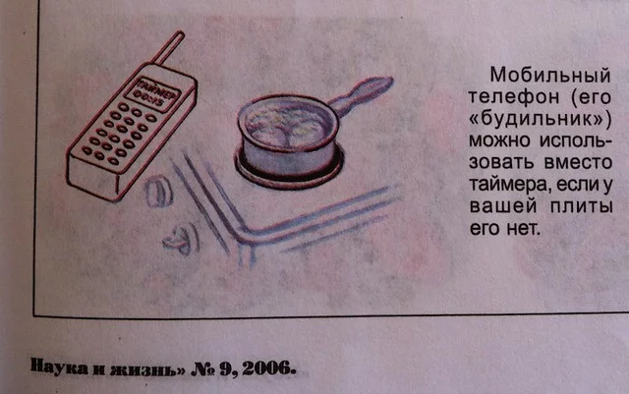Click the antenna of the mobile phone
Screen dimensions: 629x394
click(169, 48)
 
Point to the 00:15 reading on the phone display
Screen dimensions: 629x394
click(148, 98)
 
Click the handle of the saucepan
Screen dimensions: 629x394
click(361, 95)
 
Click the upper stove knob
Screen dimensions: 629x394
click(158, 191)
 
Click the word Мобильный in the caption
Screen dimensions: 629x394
click(550, 75)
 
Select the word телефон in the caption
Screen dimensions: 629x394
click(513, 96)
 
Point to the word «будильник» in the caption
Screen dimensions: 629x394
click(540, 119)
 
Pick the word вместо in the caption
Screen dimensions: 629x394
click(578, 162)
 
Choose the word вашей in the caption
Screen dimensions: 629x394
click(502, 206)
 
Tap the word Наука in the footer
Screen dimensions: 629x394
click(59, 366)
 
